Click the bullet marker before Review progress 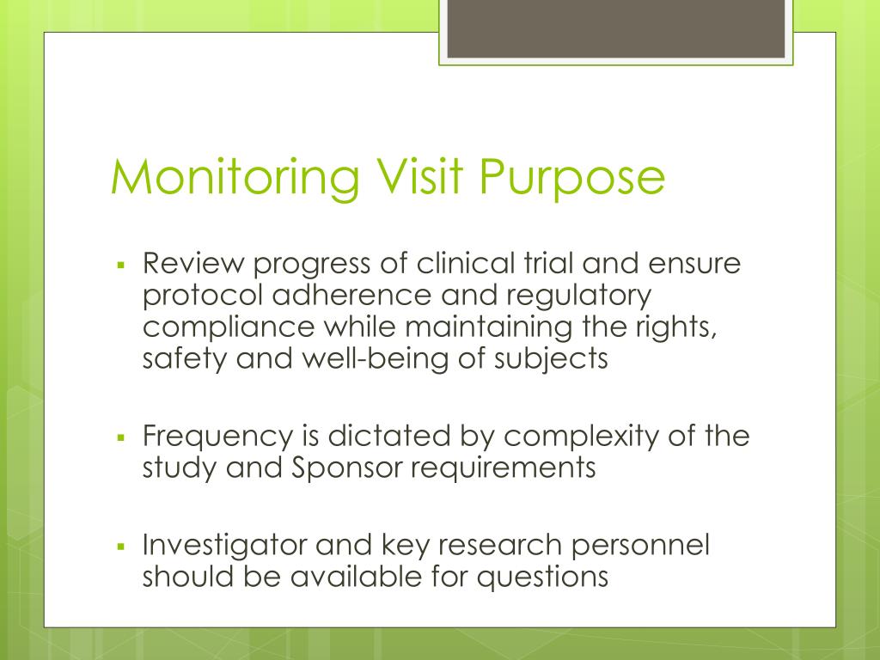[121, 264]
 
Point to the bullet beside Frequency [121, 436]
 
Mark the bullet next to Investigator [121, 546]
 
